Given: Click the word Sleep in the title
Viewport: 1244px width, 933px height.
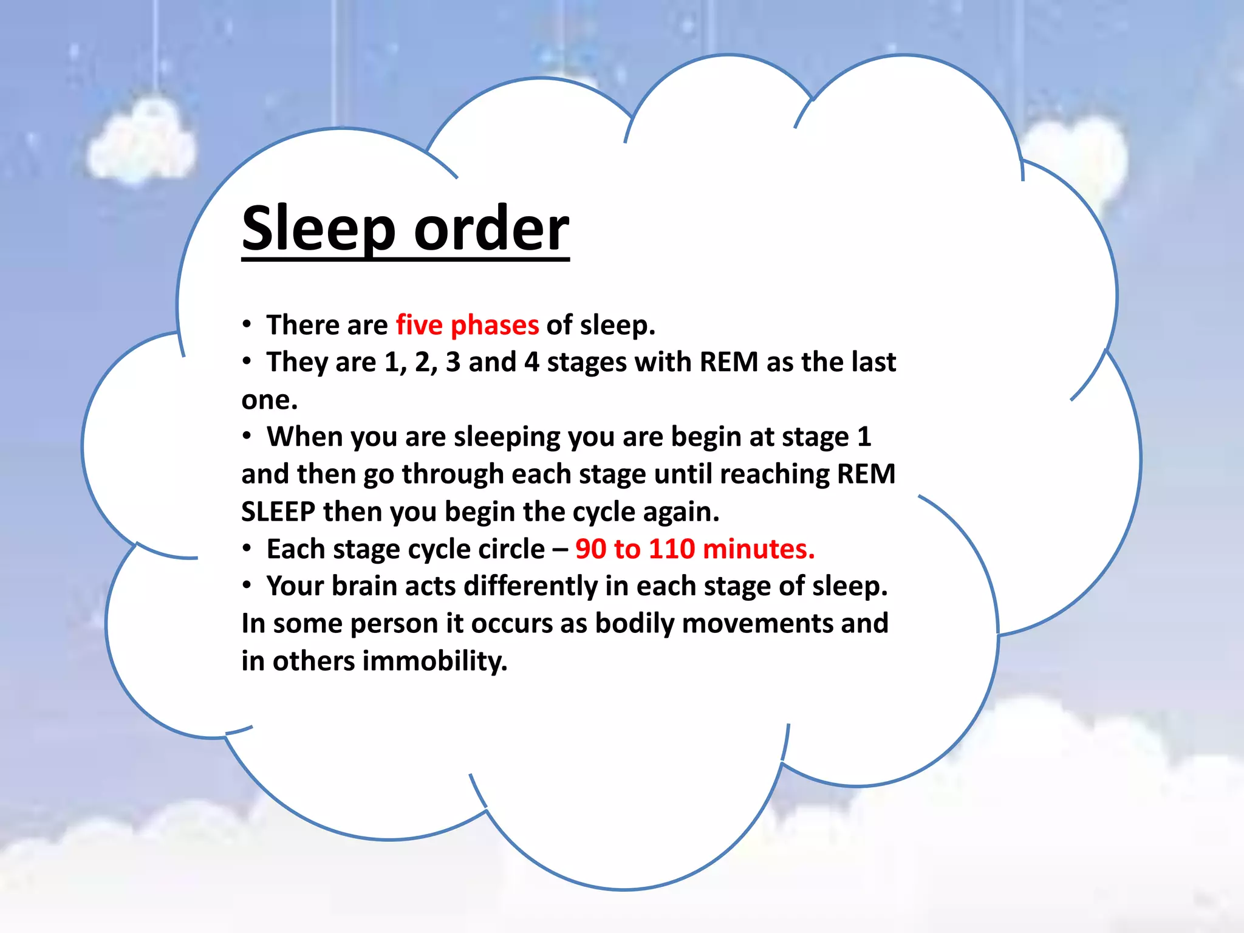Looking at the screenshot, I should (x=318, y=228).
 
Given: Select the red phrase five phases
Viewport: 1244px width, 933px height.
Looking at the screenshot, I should (x=467, y=325).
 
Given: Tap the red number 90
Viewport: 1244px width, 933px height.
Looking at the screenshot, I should (x=590, y=549).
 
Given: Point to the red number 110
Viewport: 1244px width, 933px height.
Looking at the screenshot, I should (x=672, y=549).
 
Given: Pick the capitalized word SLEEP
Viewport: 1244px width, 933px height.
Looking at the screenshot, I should (x=278, y=511).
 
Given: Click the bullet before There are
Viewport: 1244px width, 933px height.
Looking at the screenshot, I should (x=246, y=324).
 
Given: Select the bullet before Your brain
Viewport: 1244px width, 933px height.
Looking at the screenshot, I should (x=246, y=586).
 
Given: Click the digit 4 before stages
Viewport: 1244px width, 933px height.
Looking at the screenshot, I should (x=531, y=363).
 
